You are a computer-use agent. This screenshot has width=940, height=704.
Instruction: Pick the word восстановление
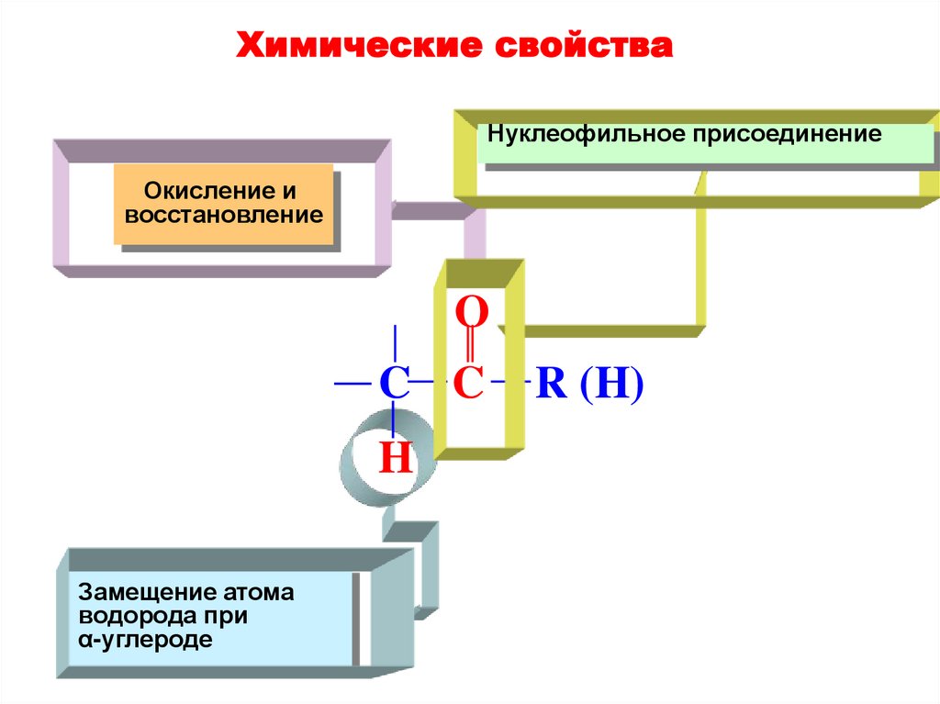tap(225, 217)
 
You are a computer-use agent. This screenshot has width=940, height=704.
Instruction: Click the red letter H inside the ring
tap(396, 456)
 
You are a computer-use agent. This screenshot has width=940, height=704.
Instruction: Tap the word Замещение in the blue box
tap(136, 592)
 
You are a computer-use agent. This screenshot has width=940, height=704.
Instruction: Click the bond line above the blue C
tap(395, 344)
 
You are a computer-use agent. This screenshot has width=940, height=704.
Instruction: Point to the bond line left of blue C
tap(353, 381)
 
